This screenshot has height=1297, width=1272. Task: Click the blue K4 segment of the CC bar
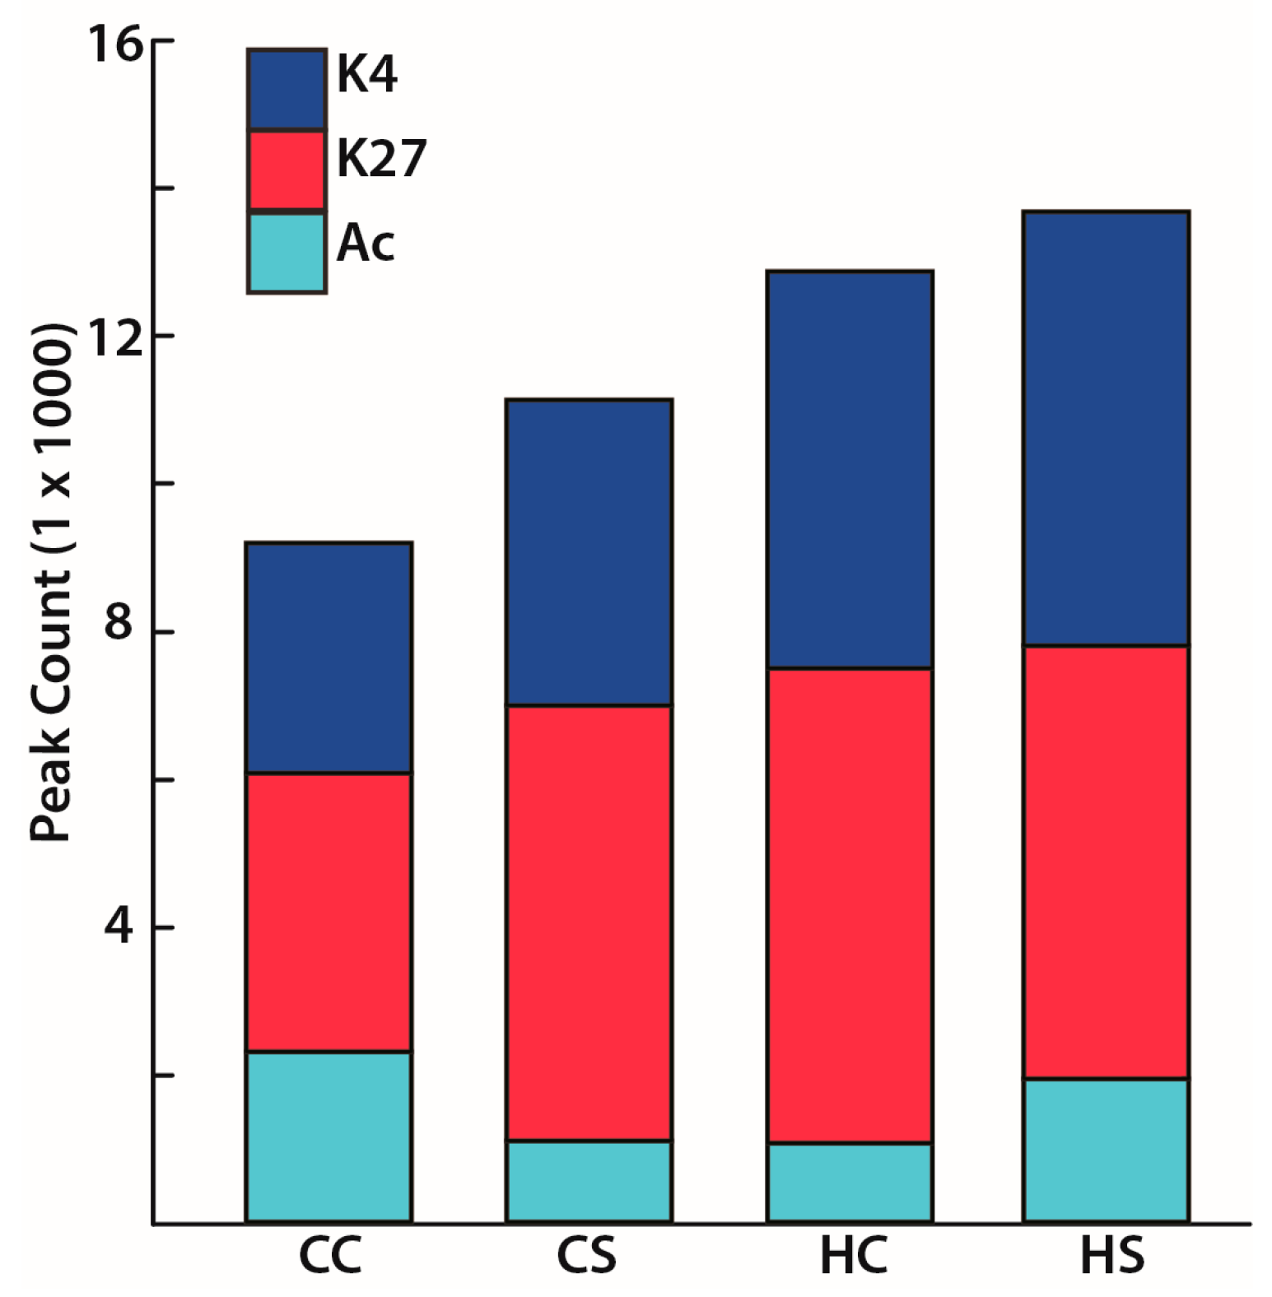click(328, 658)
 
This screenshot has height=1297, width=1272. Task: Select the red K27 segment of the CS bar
click(589, 923)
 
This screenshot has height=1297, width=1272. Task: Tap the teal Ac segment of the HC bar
click(849, 1182)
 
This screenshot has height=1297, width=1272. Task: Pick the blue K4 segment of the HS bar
click(1106, 429)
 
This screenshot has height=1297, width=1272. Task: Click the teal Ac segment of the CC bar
click(328, 1137)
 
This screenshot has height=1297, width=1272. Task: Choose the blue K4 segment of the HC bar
click(849, 469)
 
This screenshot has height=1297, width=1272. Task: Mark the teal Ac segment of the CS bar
click(589, 1181)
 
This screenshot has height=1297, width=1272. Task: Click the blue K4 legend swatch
click(287, 89)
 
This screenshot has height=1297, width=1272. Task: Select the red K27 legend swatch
click(287, 170)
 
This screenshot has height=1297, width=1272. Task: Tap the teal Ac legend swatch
click(287, 253)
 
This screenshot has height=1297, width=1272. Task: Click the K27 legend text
click(381, 158)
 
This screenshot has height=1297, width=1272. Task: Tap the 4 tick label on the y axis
click(119, 927)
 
